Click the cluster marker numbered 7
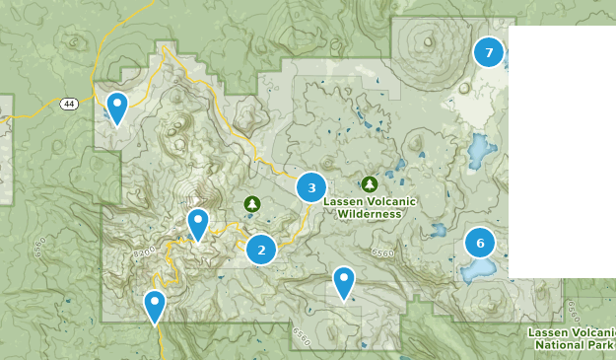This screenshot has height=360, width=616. pos(488,51)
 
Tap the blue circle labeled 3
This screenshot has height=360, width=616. pos(311,186)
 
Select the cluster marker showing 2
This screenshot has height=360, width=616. pos(261,250)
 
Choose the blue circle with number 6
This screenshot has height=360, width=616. pos(480,242)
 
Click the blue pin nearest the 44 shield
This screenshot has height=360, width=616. pos(117,107)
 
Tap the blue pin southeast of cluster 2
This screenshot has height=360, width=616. pos(343,281)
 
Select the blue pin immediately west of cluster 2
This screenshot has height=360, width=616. pos(198,224)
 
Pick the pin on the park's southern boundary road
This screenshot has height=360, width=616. pos(155,305)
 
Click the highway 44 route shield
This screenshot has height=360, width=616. pos(68,104)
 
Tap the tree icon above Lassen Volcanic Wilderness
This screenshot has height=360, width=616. pos(370,183)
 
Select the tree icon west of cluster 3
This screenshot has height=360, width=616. pos(252,203)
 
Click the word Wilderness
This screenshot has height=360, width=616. pos(369,213)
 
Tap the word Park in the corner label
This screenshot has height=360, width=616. pos(599,345)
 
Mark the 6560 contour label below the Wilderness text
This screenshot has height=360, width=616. pos(383,253)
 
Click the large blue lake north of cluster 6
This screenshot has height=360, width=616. pos(483,151)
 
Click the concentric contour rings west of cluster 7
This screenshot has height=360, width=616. pos(427,42)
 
